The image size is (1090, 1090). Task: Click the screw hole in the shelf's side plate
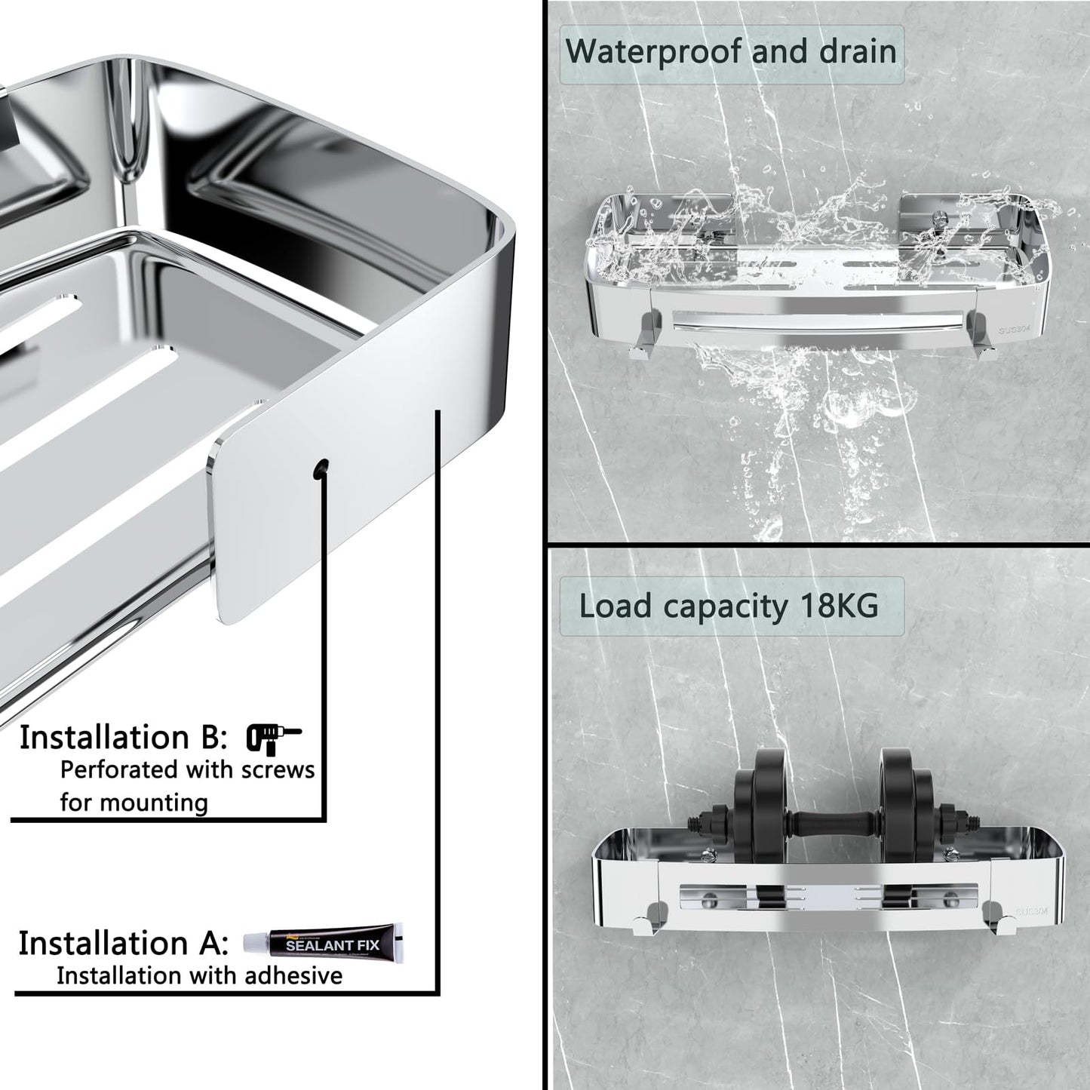(x=321, y=467)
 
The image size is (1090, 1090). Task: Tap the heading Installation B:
(x=123, y=738)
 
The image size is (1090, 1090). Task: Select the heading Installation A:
(x=123, y=943)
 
